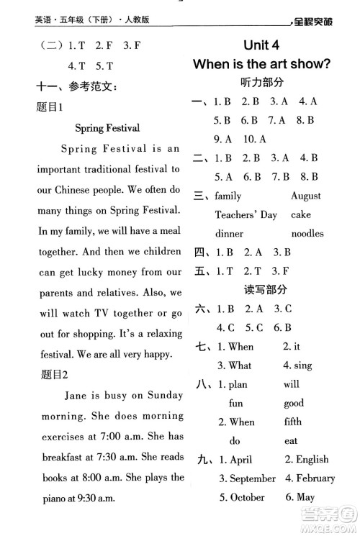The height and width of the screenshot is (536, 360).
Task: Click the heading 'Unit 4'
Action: [x=261, y=45]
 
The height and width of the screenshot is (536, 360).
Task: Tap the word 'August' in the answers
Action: [x=305, y=196]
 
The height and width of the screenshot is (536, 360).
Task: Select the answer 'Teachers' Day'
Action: [x=246, y=214]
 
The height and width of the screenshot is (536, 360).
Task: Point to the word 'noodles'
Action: [x=307, y=233]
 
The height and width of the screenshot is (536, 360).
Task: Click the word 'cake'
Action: [x=301, y=214]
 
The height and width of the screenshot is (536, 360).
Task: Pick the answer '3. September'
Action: [x=247, y=478]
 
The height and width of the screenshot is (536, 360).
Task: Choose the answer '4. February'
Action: [x=310, y=478]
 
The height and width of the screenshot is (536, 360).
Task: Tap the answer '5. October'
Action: [x=243, y=496]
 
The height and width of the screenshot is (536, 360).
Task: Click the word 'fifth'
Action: [x=292, y=422]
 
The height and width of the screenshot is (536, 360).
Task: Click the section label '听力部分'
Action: [x=262, y=82]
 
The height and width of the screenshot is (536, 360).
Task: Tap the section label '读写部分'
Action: [x=262, y=289]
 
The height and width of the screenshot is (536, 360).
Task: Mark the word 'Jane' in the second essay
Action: [x=76, y=395]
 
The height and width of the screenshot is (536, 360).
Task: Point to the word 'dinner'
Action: [x=230, y=233]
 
